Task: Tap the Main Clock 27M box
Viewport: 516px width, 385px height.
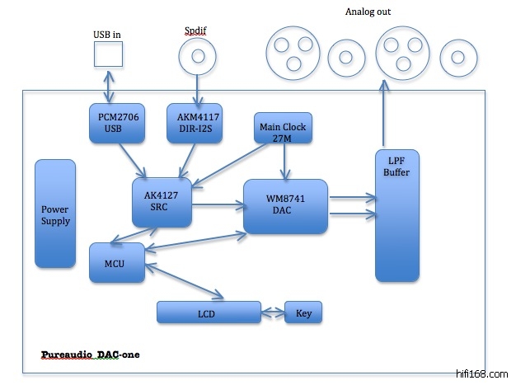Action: [282, 131]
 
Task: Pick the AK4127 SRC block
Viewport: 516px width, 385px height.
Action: [162, 202]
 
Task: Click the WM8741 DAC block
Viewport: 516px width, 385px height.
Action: [286, 206]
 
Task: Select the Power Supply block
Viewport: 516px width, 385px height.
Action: [55, 214]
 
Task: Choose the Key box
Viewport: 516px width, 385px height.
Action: [303, 313]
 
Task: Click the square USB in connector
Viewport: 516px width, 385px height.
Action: [108, 54]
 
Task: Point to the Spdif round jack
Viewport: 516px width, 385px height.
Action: [198, 56]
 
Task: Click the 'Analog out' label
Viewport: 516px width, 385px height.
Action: [367, 12]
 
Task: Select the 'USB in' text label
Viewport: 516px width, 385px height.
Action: [107, 34]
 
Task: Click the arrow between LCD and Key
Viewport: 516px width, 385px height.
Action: [273, 313]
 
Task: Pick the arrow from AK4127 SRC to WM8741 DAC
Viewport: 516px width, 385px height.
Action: [218, 206]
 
